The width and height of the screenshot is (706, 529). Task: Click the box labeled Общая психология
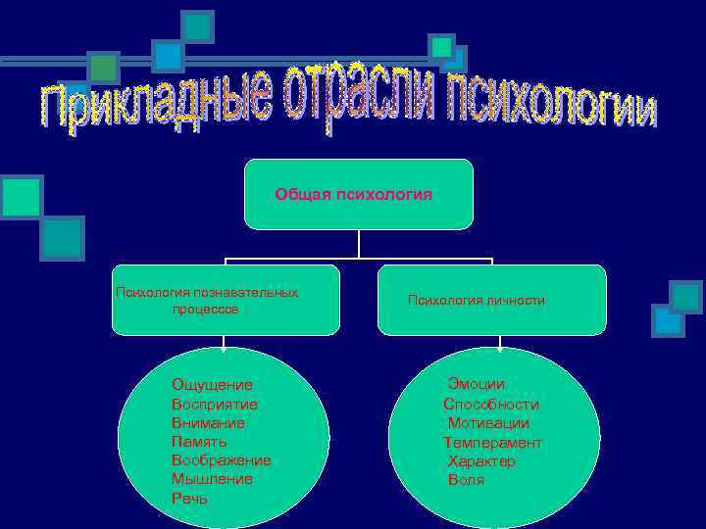point(358,194)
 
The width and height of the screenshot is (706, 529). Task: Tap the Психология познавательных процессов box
point(225,301)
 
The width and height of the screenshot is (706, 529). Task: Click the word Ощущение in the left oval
point(212,385)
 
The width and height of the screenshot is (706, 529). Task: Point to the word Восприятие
point(215,404)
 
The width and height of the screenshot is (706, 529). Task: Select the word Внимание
point(208,423)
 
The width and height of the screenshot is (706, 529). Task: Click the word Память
point(199,442)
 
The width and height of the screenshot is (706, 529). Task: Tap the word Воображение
point(222,460)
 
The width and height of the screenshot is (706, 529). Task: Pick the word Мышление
point(212,479)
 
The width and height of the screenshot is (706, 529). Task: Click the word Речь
point(189,499)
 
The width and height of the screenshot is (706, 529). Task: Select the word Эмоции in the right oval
point(477,384)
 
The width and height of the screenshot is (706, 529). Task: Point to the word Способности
point(491,404)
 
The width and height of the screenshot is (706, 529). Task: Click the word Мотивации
point(488,423)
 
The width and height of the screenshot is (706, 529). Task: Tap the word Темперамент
point(492,443)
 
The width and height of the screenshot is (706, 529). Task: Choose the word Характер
point(481,461)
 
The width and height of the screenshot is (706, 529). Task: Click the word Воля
point(466,480)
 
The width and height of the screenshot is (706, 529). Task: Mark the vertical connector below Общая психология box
point(359,245)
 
